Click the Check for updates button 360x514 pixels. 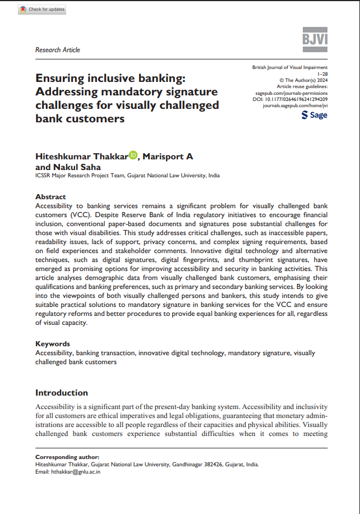[x=42, y=10]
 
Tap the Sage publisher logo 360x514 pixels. [x=315, y=115]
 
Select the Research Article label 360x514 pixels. [x=58, y=50]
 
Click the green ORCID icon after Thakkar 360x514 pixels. [x=133, y=155]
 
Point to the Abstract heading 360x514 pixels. [x=50, y=197]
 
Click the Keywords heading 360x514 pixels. [x=52, y=344]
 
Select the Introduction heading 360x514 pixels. [x=62, y=393]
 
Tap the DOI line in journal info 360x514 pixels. [x=290, y=99]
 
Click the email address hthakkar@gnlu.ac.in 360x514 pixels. [x=76, y=472]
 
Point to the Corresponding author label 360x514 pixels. [x=67, y=457]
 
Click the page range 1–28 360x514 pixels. [x=322, y=74]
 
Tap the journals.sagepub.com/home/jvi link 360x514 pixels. [x=295, y=105]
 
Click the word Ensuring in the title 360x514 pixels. [x=62, y=79]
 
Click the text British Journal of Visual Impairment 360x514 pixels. [x=290, y=67]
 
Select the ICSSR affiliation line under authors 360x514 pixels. [x=127, y=176]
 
